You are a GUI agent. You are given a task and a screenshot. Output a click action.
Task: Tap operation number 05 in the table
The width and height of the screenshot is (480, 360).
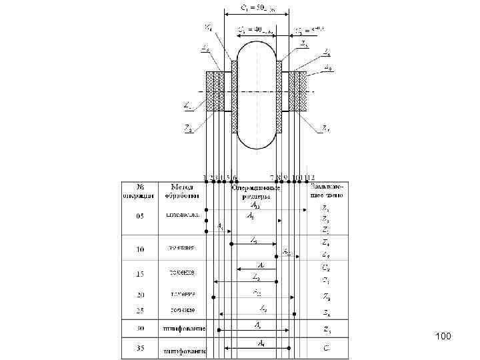click(x=139, y=217)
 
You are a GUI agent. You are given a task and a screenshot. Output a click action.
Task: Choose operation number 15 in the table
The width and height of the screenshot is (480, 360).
click(x=139, y=273)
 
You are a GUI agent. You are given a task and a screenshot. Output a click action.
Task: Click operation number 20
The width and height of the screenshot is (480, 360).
click(x=139, y=294)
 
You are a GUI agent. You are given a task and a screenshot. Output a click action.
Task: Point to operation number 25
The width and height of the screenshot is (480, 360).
click(x=139, y=311)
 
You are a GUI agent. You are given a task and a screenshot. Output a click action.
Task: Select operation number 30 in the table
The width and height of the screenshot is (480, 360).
click(x=139, y=329)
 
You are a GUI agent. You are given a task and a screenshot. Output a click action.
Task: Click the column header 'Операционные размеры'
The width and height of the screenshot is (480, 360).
click(x=255, y=193)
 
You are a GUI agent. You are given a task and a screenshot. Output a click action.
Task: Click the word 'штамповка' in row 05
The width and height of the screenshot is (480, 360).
click(x=181, y=216)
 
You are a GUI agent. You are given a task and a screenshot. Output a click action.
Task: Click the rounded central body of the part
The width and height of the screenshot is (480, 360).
click(x=257, y=93)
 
